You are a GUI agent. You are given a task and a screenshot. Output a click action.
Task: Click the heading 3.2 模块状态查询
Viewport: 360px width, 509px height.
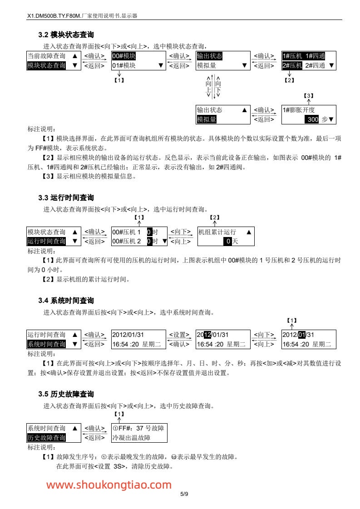pyautogui.click(x=66, y=35)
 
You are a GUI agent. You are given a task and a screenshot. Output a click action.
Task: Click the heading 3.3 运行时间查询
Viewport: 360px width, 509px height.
pyautogui.click(x=66, y=198)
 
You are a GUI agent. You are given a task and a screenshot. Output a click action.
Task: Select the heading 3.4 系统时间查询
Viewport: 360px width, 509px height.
pyautogui.click(x=66, y=301)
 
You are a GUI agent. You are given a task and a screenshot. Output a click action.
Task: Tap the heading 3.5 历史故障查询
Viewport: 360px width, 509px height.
pyautogui.click(x=66, y=394)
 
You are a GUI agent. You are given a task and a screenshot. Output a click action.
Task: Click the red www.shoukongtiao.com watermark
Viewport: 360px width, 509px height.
pyautogui.click(x=109, y=485)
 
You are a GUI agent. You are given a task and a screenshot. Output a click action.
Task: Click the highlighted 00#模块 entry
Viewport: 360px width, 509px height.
pyautogui.click(x=124, y=56)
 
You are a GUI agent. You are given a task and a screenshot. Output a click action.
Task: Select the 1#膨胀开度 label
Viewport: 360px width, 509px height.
pyautogui.click(x=299, y=110)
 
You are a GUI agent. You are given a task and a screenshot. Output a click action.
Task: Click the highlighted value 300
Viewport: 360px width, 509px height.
pyautogui.click(x=312, y=119)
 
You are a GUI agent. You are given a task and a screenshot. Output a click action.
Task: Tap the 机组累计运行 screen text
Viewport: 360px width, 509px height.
pyautogui.click(x=217, y=232)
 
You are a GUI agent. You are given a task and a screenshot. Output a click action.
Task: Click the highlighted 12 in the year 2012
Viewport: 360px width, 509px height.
pyautogui.click(x=207, y=335)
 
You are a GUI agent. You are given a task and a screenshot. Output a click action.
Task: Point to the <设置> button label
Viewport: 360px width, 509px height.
pyautogui.click(x=179, y=335)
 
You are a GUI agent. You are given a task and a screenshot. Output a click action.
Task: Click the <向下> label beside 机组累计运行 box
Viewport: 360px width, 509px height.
pyautogui.click(x=180, y=232)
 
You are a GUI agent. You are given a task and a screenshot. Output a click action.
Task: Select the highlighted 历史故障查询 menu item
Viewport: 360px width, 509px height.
pyautogui.click(x=47, y=438)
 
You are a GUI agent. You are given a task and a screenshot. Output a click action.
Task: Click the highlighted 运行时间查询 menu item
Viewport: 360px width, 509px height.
pyautogui.click(x=47, y=241)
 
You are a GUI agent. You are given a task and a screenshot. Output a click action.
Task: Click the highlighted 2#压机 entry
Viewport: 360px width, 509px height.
pyautogui.click(x=292, y=65)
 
